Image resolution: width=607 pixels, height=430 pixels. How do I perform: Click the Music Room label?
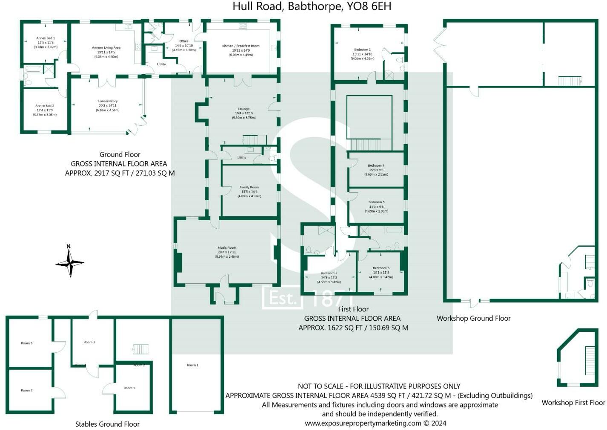pyautogui.click(x=227, y=247)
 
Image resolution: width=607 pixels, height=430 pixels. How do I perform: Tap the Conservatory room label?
pyautogui.click(x=107, y=101)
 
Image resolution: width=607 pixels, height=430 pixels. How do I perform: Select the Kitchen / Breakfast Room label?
pyautogui.click(x=241, y=46)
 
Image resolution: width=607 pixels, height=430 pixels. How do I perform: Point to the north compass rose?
pyautogui.click(x=69, y=262)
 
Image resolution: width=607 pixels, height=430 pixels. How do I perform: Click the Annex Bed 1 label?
pyautogui.click(x=46, y=38)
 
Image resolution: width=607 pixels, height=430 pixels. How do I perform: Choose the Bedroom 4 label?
pyautogui.click(x=376, y=166)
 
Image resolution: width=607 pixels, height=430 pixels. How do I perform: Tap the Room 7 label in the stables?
pyautogui.click(x=26, y=390)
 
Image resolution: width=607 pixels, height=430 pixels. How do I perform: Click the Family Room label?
pyautogui.click(x=249, y=187)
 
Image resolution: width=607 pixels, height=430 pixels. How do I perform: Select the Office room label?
pyautogui.click(x=184, y=41)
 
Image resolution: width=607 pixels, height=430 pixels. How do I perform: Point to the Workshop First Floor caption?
pyautogui.click(x=573, y=403)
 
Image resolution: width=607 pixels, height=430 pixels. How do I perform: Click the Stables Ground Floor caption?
pyautogui.click(x=107, y=424)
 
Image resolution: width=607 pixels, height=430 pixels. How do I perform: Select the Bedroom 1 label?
pyautogui.click(x=362, y=50)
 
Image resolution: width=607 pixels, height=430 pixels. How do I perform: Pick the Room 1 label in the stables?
pyautogui.click(x=193, y=365)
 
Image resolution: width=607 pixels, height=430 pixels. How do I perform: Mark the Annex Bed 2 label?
pyautogui.click(x=45, y=106)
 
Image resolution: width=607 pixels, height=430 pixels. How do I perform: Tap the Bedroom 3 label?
pyautogui.click(x=381, y=268)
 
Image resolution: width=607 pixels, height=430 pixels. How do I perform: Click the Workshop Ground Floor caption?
pyautogui.click(x=473, y=318)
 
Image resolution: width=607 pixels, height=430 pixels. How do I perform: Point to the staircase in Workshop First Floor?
pyautogui.click(x=590, y=361)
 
